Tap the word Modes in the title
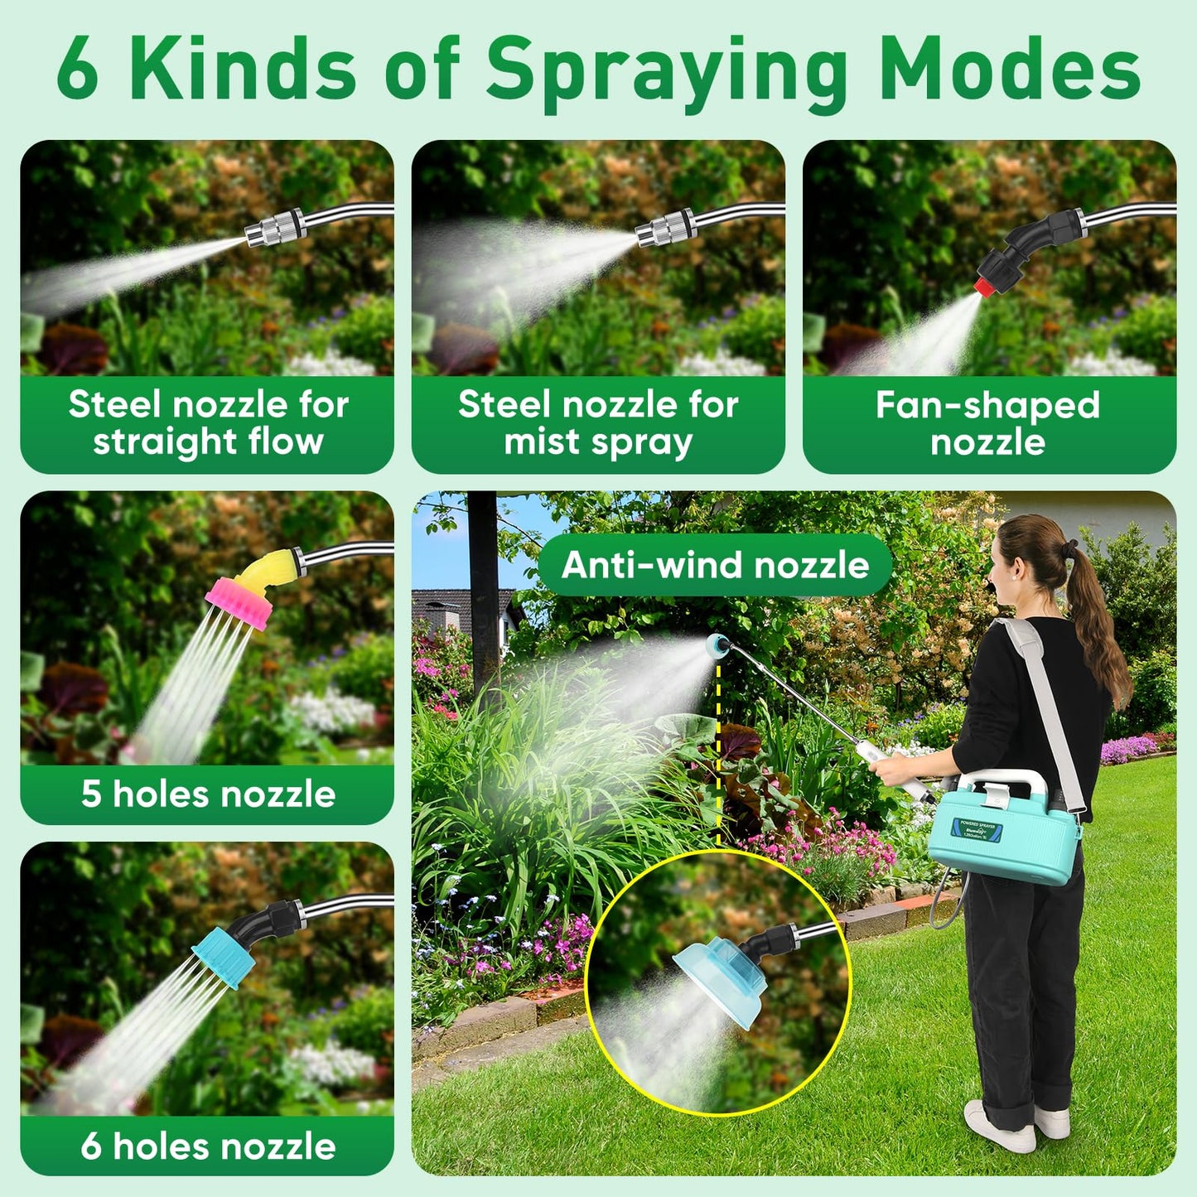1009,70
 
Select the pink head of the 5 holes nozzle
240,602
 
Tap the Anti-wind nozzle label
715,565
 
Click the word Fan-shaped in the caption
987,405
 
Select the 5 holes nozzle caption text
208,794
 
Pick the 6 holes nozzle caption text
208,1146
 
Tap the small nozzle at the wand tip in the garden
717,645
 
